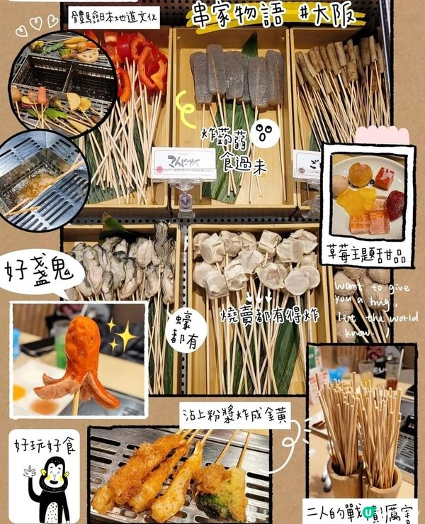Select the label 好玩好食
pyautogui.click(x=43, y=446)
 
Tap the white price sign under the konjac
pyautogui.click(x=184, y=162)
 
